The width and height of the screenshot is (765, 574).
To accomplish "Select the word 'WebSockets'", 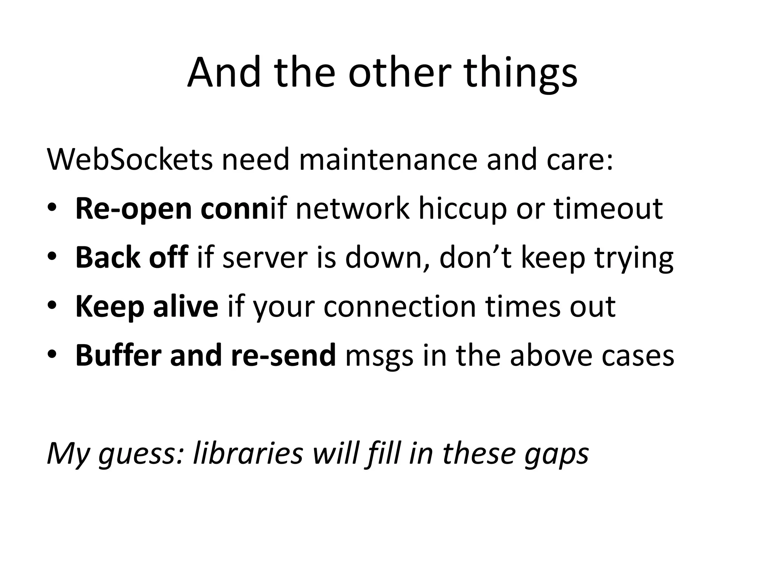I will point(130,160).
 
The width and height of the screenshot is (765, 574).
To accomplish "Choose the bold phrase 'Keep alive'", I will point(147,306).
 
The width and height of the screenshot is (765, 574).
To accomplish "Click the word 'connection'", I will point(399,306).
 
